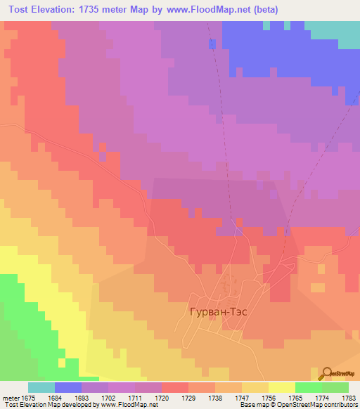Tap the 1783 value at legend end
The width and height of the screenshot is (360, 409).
click(348, 398)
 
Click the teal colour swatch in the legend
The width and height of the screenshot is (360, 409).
click(41, 387)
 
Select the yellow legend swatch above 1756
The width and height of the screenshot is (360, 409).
click(281, 387)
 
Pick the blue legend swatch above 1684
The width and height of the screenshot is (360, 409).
click(68, 387)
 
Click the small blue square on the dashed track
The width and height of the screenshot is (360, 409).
click(212, 44)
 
